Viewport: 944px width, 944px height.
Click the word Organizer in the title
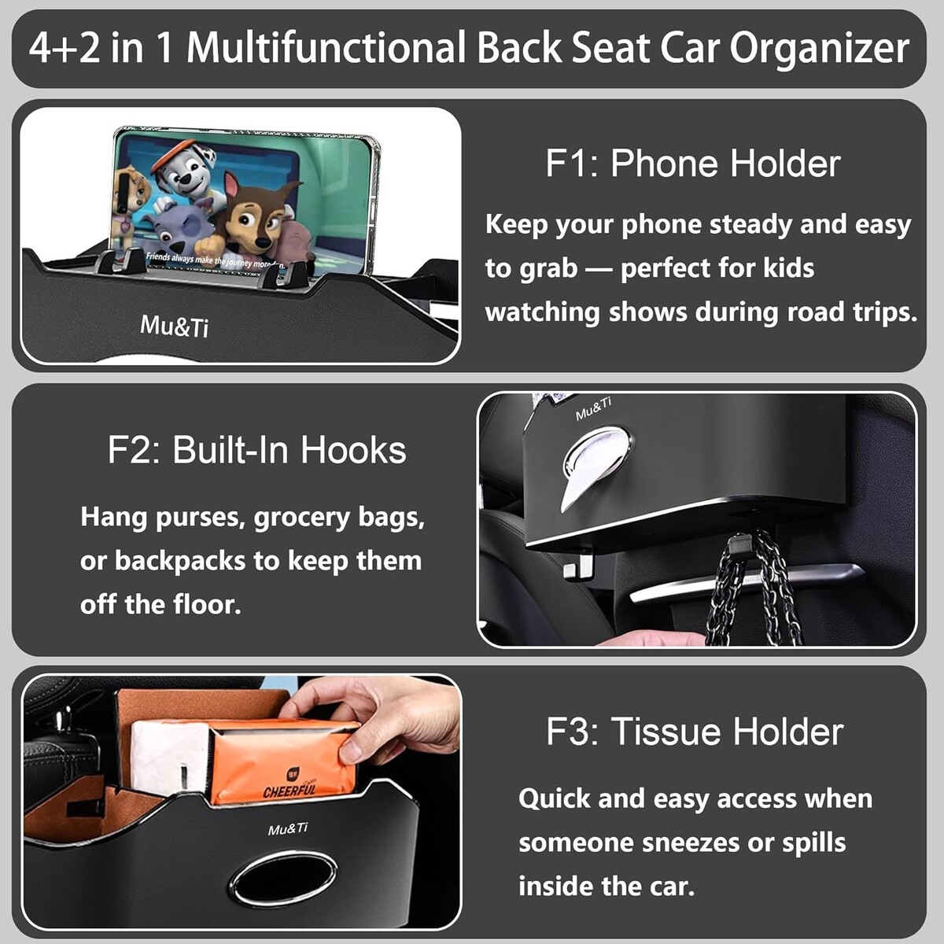(x=819, y=49)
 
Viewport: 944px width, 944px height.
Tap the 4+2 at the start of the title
(x=65, y=48)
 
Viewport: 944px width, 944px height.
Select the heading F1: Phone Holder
(x=693, y=163)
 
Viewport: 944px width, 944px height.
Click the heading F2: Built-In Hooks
(x=256, y=449)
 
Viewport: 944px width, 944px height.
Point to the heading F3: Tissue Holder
(x=695, y=732)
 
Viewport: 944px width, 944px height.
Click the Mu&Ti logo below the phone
(x=174, y=326)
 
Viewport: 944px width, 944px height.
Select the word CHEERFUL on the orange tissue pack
(x=289, y=790)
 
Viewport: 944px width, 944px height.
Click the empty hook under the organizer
(x=577, y=564)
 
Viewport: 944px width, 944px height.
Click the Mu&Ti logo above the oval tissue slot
(x=288, y=829)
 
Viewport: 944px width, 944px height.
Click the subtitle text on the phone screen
(x=216, y=260)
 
